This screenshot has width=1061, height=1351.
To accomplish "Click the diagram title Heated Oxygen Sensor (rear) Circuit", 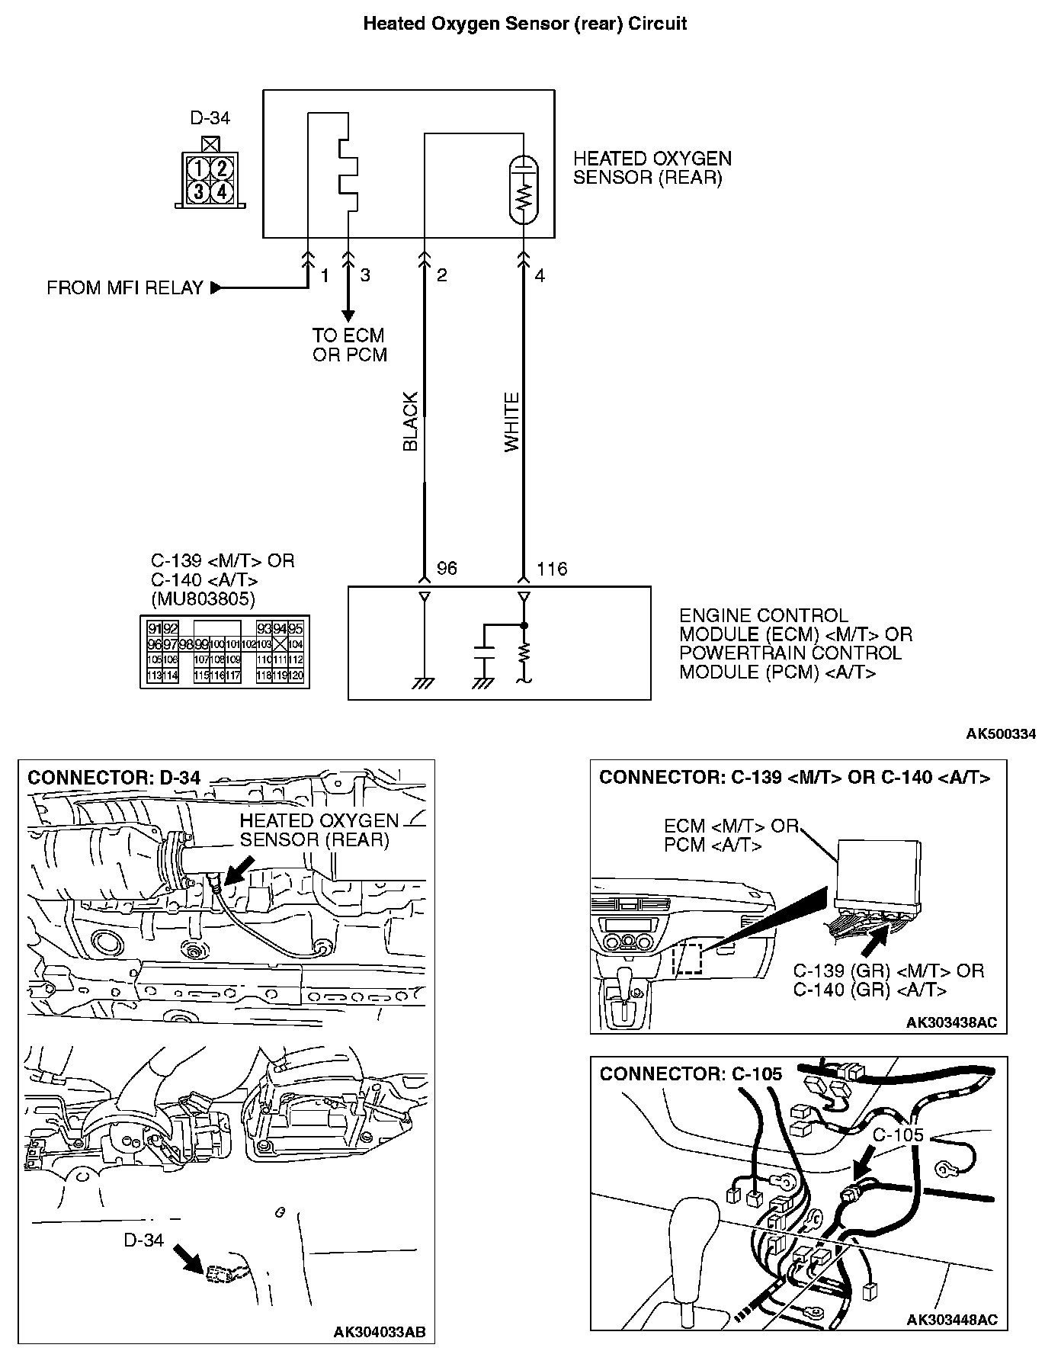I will [524, 24].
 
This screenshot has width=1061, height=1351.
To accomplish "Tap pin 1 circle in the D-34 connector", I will [198, 168].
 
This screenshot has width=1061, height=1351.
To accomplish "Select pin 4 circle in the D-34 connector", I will [221, 191].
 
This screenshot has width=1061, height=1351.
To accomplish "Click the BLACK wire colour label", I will [410, 422].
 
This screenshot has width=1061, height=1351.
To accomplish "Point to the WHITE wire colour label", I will [511, 422].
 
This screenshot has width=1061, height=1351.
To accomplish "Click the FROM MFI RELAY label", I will [125, 288].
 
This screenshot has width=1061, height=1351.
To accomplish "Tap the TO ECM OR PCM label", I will [350, 345].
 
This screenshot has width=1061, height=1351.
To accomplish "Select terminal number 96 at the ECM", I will [447, 569].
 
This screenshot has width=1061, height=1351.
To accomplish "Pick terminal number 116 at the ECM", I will [552, 569].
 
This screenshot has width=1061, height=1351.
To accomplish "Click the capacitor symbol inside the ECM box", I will [483, 653].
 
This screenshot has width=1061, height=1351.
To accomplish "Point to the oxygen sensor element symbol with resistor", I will [523, 191].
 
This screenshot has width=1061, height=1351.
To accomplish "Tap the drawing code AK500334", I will [1001, 734].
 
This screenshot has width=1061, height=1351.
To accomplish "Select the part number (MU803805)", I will [203, 598].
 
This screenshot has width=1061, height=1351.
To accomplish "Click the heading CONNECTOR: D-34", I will [114, 778].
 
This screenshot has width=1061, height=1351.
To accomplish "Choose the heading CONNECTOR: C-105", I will [691, 1074].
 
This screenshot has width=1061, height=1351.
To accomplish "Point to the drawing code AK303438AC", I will [951, 1022].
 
